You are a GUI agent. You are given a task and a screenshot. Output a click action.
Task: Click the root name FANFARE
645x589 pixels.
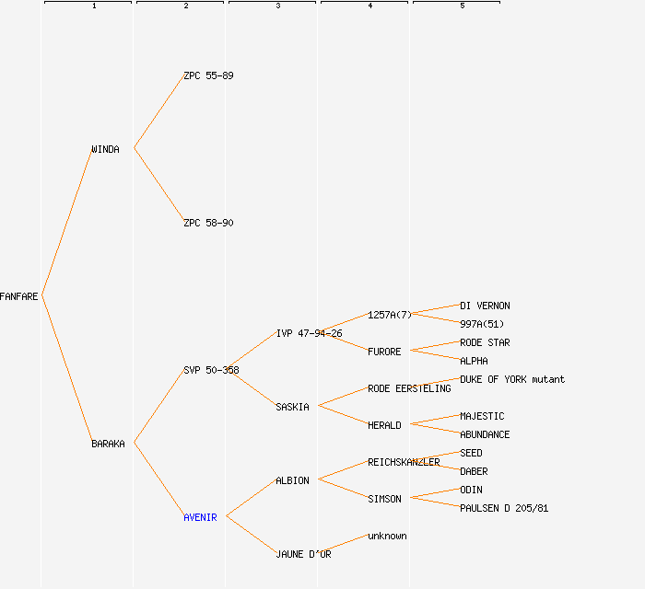pos(19,296)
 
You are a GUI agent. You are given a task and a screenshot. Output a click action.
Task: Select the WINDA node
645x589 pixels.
pos(105,149)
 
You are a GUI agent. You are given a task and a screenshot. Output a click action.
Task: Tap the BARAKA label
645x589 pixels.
pos(108,444)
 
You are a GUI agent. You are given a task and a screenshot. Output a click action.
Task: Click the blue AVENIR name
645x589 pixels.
pos(200,517)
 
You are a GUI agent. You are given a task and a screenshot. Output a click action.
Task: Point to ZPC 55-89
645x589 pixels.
pos(208,75)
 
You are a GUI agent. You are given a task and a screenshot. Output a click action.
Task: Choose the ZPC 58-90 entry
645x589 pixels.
pos(208,223)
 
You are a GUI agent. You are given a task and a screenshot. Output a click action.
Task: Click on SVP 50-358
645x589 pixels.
pos(211,370)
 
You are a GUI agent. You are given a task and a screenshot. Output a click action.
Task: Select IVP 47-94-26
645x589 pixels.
pos(309,333)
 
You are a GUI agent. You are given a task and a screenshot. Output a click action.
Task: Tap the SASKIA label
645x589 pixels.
pos(292,407)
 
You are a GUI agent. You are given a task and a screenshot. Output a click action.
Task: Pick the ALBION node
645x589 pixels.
pos(292,480)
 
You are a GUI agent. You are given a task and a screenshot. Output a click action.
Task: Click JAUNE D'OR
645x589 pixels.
pos(303,554)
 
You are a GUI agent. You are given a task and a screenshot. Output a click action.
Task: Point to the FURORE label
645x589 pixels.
pos(384,352)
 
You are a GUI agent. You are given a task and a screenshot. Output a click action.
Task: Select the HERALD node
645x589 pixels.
pos(384,425)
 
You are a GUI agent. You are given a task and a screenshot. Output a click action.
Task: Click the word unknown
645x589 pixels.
pos(387,536)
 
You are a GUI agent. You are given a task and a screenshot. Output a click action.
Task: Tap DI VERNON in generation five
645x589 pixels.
pos(485,306)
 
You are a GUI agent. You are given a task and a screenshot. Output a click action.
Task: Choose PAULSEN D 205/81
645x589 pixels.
pos(504,508)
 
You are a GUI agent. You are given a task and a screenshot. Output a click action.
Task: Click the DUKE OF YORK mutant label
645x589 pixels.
pos(512,379)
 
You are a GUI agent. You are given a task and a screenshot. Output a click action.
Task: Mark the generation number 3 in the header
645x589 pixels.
pos(277,6)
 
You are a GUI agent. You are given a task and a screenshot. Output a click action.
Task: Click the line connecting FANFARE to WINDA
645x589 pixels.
pos(66,222)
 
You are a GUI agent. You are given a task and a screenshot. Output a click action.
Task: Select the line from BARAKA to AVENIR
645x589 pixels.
pos(158,479)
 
